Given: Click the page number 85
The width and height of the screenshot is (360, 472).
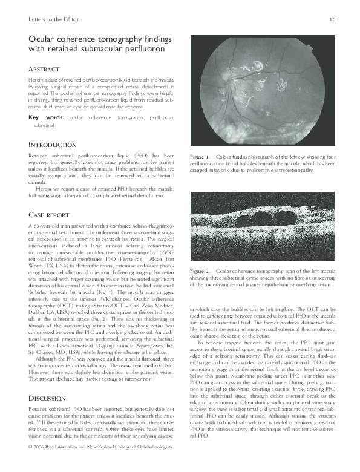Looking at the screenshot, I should (x=332, y=20).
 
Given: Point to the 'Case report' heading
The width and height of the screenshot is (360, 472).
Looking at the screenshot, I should (x=50, y=215).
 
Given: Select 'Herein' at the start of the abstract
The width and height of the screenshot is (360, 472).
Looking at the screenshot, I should (x=36, y=79).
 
